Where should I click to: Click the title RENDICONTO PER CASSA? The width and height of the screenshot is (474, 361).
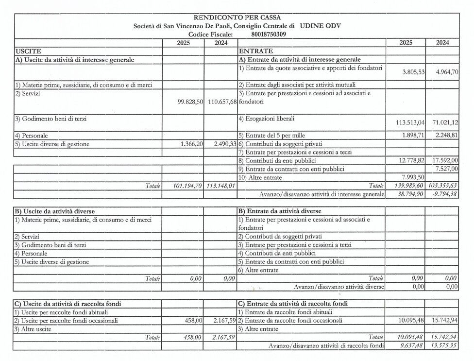click(237, 17)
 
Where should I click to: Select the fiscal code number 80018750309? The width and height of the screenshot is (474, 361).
click(269, 34)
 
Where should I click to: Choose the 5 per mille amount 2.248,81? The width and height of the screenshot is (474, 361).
click(444, 136)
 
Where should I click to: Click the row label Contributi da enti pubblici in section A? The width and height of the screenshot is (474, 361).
click(277, 160)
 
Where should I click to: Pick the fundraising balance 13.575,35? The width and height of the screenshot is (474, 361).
click(442, 345)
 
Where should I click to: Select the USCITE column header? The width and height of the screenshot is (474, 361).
click(28, 51)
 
